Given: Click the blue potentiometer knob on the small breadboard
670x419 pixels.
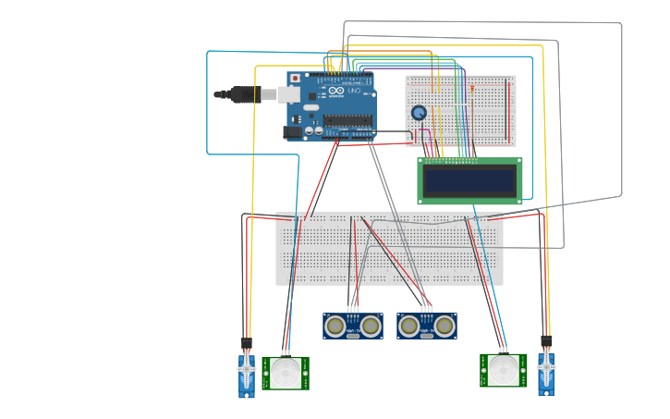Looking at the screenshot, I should point(419,113).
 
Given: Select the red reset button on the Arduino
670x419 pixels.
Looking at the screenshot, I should point(296,79).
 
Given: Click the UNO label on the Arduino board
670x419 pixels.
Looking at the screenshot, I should point(354,91).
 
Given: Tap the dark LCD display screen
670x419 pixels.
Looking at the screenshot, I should point(469,180).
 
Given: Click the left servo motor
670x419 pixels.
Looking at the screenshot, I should point(247,375).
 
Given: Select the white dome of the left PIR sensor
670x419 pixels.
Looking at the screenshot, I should point(286,374).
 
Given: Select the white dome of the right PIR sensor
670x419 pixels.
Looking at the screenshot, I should point(504,370).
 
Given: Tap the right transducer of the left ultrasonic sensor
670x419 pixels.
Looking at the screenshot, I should point(371,326).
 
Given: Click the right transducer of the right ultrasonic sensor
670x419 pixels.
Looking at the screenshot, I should point(445,326).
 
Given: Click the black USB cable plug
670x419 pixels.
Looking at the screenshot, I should point(242,93).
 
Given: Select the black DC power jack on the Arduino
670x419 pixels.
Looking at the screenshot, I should point(293,132).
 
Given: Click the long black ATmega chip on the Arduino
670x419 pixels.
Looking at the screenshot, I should point(347,119).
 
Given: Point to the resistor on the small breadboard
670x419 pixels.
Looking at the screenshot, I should point(472,89).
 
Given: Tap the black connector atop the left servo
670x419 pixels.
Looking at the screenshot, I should point(247,343).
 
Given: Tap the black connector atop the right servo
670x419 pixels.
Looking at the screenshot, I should point(546,341).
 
